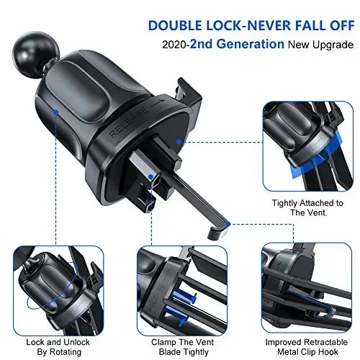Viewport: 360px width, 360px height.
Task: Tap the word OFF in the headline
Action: [x=336, y=26]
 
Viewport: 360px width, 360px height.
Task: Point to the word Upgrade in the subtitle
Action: [x=332, y=45]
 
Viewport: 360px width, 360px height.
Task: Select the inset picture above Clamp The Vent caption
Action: [x=174, y=284]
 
